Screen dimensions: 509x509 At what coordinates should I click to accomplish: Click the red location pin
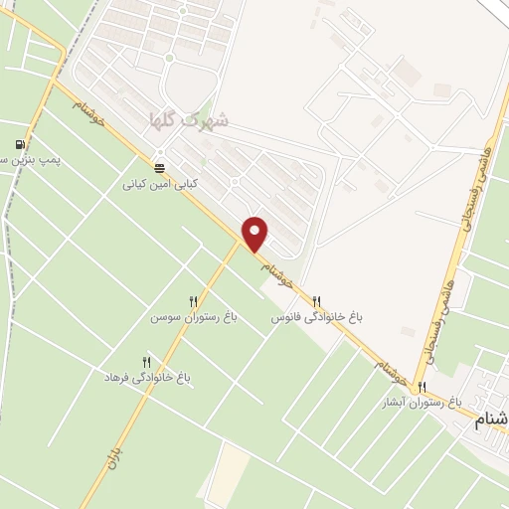tap(255, 232)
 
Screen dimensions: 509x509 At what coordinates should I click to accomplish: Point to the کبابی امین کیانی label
tap(161, 184)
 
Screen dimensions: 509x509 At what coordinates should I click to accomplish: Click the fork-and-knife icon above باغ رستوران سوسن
tap(194, 300)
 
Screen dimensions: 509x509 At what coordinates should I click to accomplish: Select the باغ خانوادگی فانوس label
tap(318, 317)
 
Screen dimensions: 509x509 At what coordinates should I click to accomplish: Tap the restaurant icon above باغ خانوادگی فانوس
tap(317, 300)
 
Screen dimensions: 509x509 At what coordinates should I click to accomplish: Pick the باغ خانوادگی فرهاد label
tap(147, 379)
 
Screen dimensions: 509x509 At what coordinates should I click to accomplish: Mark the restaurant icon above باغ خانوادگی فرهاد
tap(147, 363)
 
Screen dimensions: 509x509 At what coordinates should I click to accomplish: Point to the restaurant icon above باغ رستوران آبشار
tap(423, 388)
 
